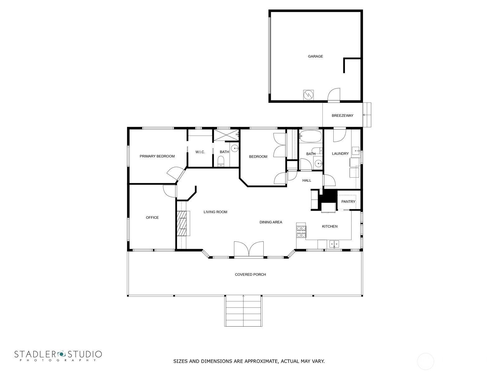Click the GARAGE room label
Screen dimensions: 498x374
point(315,56)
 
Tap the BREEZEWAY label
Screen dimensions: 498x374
point(342,116)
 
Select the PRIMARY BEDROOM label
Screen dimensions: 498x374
point(157,156)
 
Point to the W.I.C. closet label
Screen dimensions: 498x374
point(200,152)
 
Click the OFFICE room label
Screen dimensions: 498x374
point(152,218)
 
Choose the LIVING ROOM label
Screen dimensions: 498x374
point(215,212)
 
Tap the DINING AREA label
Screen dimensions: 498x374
point(271,222)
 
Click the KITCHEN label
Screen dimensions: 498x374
point(329,226)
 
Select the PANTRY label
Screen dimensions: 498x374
point(348,202)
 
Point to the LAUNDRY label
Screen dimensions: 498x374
point(340,154)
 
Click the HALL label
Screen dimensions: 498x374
point(307,180)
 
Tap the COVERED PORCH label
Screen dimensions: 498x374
point(250,275)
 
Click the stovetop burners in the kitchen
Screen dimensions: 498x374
point(301,232)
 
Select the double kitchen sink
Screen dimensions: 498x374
point(334,244)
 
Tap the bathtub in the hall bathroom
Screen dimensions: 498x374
point(310,136)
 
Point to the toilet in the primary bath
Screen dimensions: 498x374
point(221,161)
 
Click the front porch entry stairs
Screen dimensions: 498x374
point(243,311)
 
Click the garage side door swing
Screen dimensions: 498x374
point(334,94)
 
